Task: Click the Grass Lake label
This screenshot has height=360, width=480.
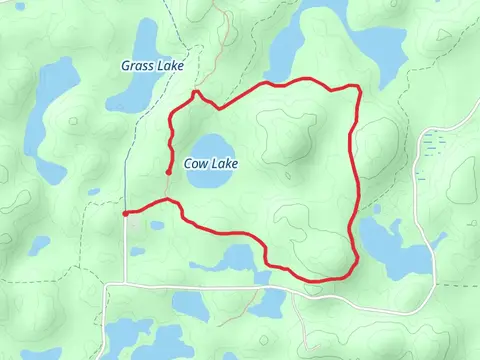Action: tap(152, 66)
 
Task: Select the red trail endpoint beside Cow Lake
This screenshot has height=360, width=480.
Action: tap(168, 172)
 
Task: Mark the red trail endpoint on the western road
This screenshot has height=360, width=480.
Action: tap(125, 213)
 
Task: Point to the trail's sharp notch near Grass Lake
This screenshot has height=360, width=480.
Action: tap(196, 92)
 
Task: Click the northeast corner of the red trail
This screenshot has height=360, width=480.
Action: tap(357, 88)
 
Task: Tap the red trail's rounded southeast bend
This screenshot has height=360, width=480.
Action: tap(350, 268)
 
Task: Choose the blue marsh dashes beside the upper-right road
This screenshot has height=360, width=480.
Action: tap(434, 146)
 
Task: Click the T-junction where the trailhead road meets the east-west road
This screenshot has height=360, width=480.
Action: tap(127, 284)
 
